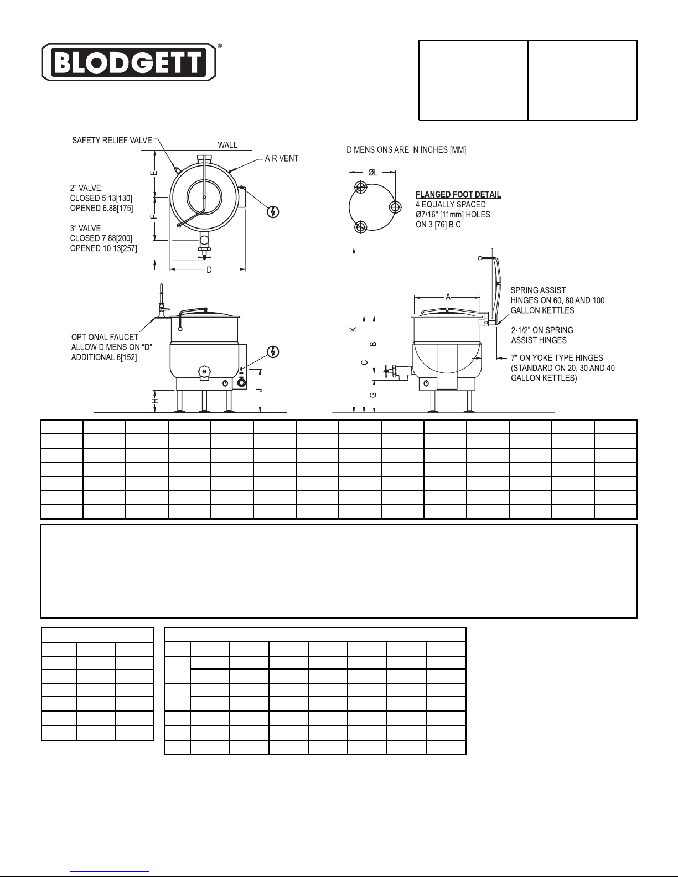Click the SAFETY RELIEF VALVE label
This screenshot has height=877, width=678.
[x=112, y=141]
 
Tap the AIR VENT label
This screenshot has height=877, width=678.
[x=281, y=158]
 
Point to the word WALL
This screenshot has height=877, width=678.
[x=227, y=145]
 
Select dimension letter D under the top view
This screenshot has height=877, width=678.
[x=209, y=270]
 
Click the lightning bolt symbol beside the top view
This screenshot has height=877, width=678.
[x=272, y=211]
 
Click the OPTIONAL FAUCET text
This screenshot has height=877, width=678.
[x=105, y=337]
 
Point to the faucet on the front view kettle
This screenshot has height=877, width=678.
[x=162, y=302]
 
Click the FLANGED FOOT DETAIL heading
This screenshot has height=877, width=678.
[x=458, y=195]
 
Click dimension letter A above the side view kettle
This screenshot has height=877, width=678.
[x=447, y=297]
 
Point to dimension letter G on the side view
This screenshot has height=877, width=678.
[x=374, y=395]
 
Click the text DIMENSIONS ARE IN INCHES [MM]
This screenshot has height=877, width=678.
[x=406, y=150]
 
